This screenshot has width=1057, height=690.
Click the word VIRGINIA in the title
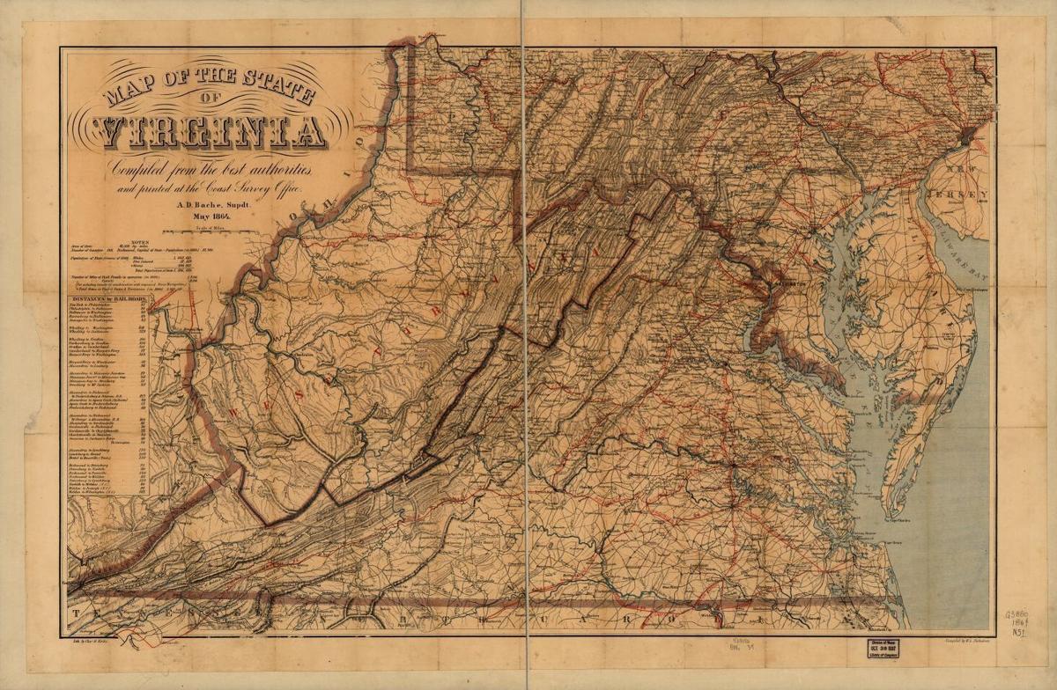tap(212, 131)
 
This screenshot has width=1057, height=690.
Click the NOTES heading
tap(141, 241)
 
